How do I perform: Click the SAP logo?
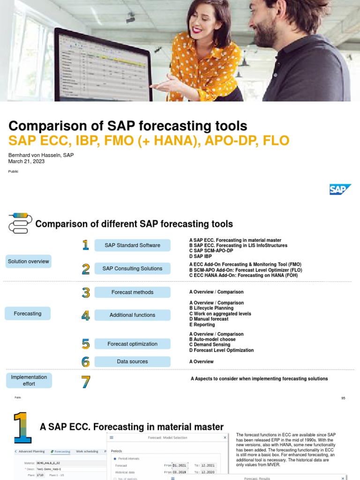(x=340, y=189)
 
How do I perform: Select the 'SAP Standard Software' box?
(x=132, y=245)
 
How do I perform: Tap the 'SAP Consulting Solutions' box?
(x=132, y=269)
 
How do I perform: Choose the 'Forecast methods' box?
(x=132, y=292)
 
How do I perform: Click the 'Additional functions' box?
(x=132, y=315)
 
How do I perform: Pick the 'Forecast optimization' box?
(x=132, y=344)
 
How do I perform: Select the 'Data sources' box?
(x=132, y=361)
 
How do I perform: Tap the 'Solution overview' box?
(x=28, y=262)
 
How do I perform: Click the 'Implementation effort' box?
(x=29, y=380)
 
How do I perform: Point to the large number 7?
(x=85, y=382)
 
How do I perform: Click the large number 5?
(x=85, y=344)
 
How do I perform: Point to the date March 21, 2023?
(x=26, y=161)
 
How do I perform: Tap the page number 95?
(x=343, y=398)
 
